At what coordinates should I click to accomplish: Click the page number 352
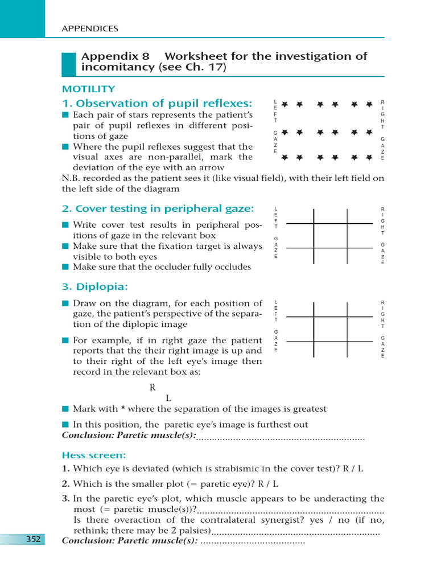pyautogui.click(x=33, y=539)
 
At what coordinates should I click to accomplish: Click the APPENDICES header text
pyautogui.click(x=90, y=28)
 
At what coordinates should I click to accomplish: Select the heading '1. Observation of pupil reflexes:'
pyautogui.click(x=156, y=103)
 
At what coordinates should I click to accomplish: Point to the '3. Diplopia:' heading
pyautogui.click(x=95, y=286)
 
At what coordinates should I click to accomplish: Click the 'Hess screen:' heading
pyautogui.click(x=94, y=455)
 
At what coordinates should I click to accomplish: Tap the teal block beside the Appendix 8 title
pyautogui.click(x=68, y=64)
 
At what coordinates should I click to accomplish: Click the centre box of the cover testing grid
pyautogui.click(x=331, y=236)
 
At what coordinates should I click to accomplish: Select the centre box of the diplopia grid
pyautogui.click(x=331, y=329)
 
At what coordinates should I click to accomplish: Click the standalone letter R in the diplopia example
pyautogui.click(x=152, y=388)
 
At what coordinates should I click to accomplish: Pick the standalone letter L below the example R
pyautogui.click(x=168, y=398)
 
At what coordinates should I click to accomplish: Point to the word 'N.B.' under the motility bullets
pyautogui.click(x=72, y=178)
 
